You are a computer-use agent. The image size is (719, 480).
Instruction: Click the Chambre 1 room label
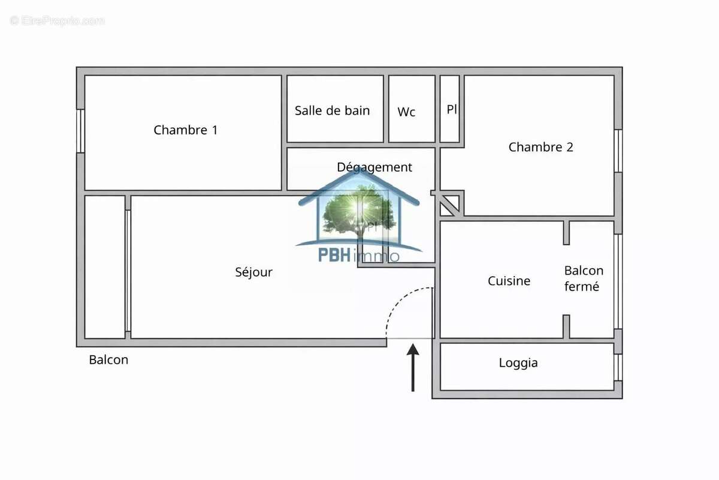pos(186,130)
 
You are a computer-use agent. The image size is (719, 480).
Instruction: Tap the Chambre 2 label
pos(540,147)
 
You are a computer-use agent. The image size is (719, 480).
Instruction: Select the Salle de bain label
pos(332,111)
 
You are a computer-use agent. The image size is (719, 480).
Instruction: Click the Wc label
pos(406,112)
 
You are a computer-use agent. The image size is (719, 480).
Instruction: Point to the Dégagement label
pos(374,167)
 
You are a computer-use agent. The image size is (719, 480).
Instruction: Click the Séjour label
pos(253,272)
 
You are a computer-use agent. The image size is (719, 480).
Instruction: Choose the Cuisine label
pos(509,281)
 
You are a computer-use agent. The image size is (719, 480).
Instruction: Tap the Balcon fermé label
pos(584,279)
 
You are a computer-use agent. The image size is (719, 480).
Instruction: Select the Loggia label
pos(518,363)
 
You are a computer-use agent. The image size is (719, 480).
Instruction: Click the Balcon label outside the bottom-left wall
pos(108,360)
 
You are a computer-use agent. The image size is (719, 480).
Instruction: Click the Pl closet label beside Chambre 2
pos(452,110)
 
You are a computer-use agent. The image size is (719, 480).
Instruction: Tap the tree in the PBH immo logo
pos(358,209)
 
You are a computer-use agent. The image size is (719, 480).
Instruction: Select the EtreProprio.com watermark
pos(57,20)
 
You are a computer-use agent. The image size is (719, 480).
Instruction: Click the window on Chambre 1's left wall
pos(80,131)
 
